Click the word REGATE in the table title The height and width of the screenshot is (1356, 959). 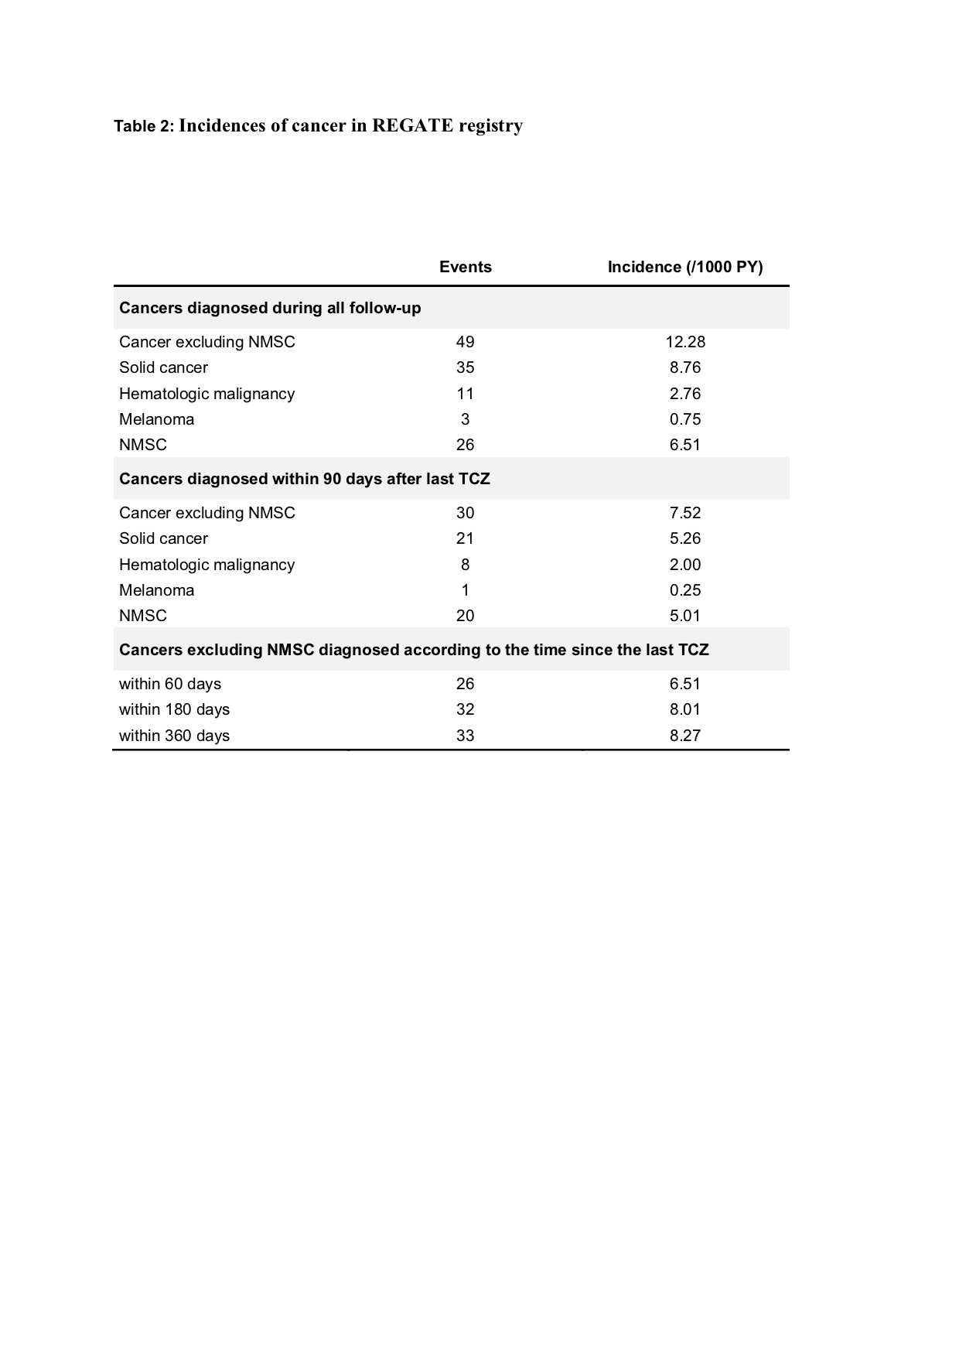412,125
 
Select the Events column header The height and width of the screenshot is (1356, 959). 465,267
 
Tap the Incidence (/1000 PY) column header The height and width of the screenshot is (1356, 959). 685,267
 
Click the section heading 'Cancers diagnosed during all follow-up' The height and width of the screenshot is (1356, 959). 270,308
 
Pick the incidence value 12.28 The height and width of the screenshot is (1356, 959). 685,342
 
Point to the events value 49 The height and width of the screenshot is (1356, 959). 465,342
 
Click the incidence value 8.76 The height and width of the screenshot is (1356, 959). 685,367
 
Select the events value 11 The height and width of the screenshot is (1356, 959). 465,394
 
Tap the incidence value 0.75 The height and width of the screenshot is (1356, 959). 685,419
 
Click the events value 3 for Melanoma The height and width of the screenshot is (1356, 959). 465,419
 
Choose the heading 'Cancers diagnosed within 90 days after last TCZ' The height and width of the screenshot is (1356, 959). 304,479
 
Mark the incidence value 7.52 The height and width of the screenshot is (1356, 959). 685,513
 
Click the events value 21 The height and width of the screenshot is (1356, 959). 465,538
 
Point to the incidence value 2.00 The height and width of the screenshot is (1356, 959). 685,565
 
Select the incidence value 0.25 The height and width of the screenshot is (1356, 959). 685,590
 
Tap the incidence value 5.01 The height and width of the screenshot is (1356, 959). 685,616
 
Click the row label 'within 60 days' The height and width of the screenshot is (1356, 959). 170,684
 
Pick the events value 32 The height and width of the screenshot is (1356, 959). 465,709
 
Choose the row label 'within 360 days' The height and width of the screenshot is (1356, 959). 174,736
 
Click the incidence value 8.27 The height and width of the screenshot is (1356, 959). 685,736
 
